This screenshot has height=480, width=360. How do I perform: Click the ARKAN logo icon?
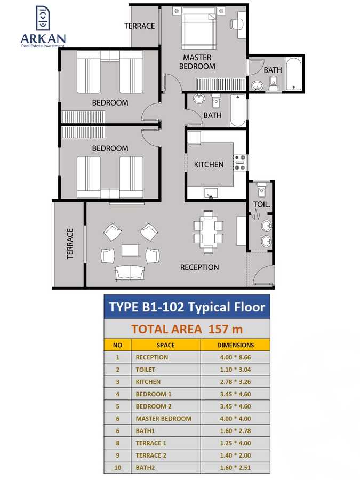pyautogui.click(x=43, y=19)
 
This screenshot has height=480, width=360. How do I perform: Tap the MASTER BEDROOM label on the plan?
pyautogui.click(x=197, y=62)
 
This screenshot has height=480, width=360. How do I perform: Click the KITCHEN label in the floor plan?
pyautogui.click(x=209, y=164)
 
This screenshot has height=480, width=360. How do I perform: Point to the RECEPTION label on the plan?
pyautogui.click(x=199, y=267)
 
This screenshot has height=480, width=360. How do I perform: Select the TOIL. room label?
pyautogui.click(x=262, y=204)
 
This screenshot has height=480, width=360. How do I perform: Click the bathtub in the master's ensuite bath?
pyautogui.click(x=293, y=74)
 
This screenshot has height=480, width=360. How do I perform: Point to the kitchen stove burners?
pyautogui.click(x=241, y=163)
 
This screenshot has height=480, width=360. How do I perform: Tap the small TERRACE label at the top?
pyautogui.click(x=140, y=26)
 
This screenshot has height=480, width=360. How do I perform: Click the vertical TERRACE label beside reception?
pyautogui.click(x=69, y=244)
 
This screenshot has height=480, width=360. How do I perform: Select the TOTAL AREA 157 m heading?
pyautogui.click(x=186, y=329)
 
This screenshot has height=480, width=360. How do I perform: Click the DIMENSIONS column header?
pyautogui.click(x=235, y=345)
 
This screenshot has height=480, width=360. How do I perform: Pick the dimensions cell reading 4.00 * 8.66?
pyautogui.click(x=235, y=357)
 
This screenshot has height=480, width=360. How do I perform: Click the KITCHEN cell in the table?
pyautogui.click(x=148, y=382)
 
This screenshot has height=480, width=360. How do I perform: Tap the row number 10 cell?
pyautogui.click(x=118, y=468)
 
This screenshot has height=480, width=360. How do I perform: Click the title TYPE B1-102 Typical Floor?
pyautogui.click(x=187, y=307)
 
